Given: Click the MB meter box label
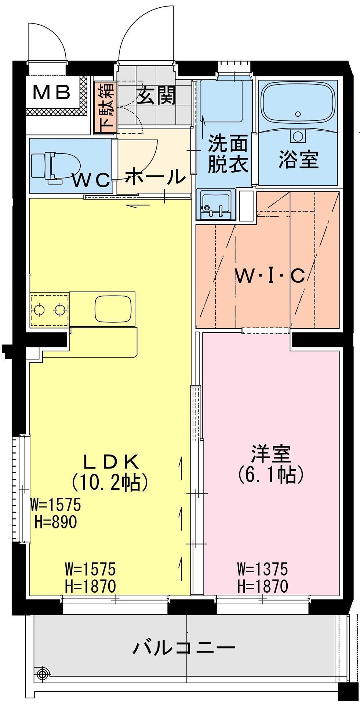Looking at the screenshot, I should click(x=52, y=93).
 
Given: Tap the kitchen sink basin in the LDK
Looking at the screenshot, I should click(x=113, y=309).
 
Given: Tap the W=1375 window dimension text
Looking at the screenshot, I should click(x=262, y=570).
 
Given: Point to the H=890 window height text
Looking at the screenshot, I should click(x=55, y=521).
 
